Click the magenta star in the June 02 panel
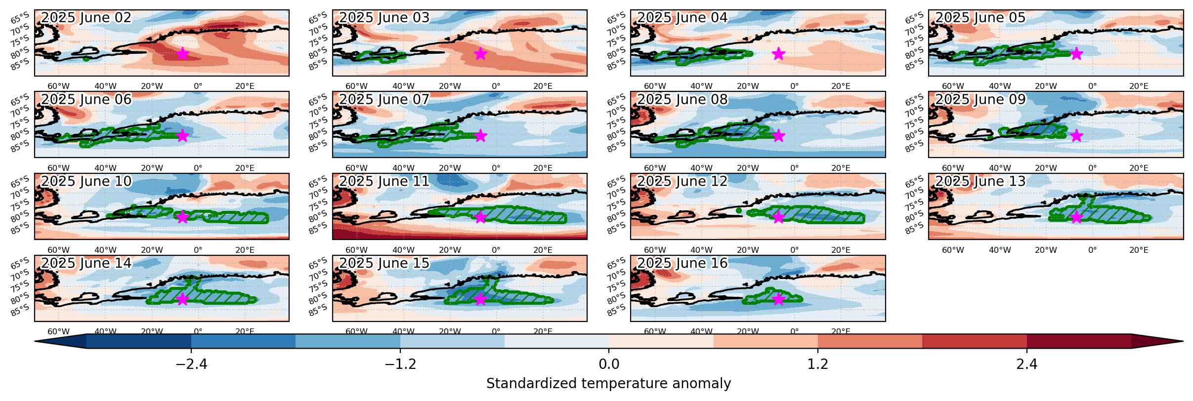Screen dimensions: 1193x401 coord(182,53)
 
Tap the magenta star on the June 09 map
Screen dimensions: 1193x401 coord(1076,135)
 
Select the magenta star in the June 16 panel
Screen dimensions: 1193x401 coord(778,299)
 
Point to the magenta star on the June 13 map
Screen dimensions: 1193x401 coord(1076,217)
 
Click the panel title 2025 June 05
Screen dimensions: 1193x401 coord(980,18)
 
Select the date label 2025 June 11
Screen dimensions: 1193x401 coord(384,181)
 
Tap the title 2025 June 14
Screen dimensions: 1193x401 coord(86,263)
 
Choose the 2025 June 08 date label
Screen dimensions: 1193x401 coord(682,100)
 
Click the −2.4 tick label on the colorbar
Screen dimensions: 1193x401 coord(191,364)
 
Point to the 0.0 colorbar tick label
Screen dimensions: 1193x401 coord(609,364)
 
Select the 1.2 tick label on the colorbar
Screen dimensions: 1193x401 coord(818,364)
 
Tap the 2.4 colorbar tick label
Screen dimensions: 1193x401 coord(1027,364)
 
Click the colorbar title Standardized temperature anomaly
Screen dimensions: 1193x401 coord(609,384)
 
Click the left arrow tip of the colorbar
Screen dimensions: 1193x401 coord(35,341)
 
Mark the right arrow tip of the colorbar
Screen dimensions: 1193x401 coord(1183,341)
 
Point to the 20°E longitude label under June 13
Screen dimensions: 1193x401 coord(1139,250)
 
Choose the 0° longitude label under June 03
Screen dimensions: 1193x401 coord(496,86)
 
